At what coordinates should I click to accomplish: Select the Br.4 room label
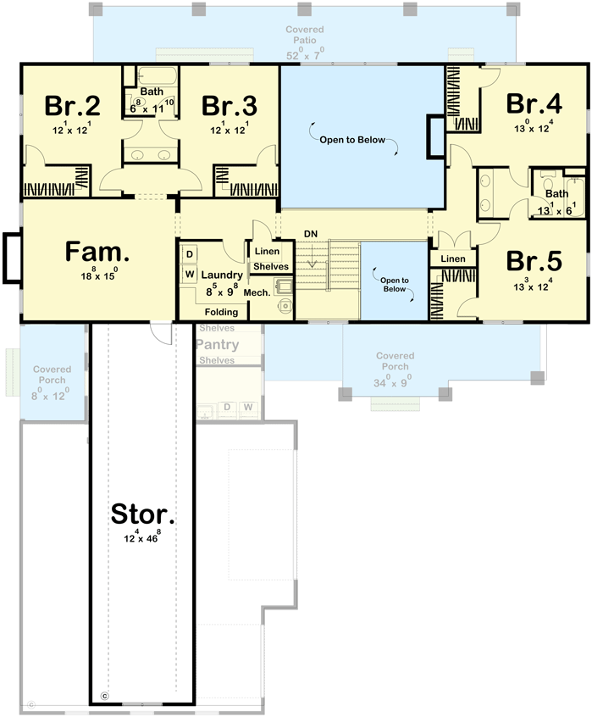pos(534,103)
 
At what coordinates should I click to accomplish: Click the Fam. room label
pos(98,252)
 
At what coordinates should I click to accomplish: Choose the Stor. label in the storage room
pos(143,514)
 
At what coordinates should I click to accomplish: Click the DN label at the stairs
pos(310,233)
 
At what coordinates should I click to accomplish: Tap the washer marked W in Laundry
pos(190,274)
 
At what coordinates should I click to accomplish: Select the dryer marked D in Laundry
pos(190,254)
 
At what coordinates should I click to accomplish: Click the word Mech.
pos(257,293)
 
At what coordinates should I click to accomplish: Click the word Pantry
pos(217,345)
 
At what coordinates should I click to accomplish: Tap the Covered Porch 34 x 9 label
pos(395,368)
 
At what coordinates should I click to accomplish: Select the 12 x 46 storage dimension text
pos(143,537)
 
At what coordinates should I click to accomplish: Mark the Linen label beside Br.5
pos(453,258)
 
